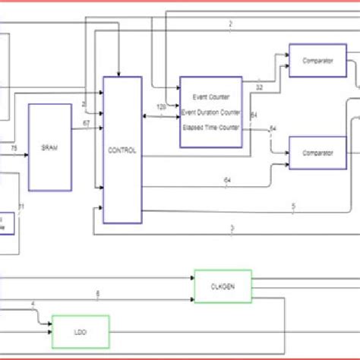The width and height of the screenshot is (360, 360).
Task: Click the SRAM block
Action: [x=49, y=147]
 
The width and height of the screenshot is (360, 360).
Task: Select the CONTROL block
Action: [x=122, y=150]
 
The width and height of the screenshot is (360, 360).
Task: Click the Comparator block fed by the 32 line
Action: [x=317, y=61]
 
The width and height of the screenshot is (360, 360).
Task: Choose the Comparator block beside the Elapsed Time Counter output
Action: [x=317, y=153]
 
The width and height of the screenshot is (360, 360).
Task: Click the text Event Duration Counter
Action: [x=211, y=112]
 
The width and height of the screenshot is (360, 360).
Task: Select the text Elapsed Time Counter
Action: [x=211, y=128]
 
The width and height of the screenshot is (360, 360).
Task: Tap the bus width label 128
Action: [x=161, y=107]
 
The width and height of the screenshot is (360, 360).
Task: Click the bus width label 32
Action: [x=260, y=87]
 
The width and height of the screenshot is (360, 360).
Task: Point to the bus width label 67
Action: [x=86, y=123]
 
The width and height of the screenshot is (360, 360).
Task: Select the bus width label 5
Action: [x=293, y=205]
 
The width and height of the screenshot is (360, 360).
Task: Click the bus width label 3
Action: [x=232, y=228]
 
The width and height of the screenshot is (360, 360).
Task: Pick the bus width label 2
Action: [x=230, y=24]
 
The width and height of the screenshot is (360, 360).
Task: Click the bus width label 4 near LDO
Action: [x=32, y=305]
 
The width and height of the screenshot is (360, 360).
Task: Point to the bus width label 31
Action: [x=21, y=207]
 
